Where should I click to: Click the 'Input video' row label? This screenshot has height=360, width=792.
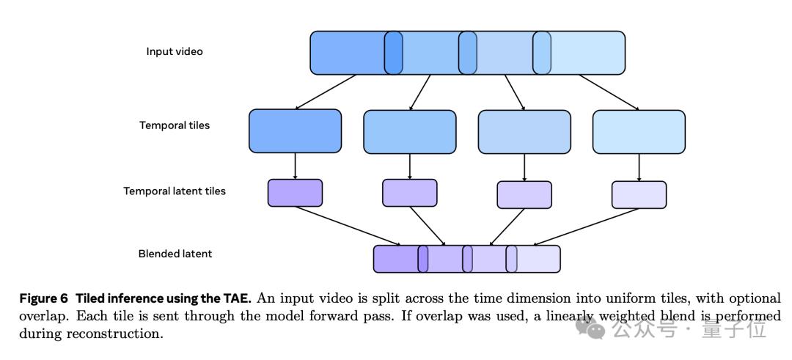coord(175,52)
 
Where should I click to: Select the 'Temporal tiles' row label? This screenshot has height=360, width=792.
coord(175,125)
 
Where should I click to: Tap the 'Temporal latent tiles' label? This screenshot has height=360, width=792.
coord(175,191)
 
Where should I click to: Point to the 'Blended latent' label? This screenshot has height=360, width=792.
coord(175,254)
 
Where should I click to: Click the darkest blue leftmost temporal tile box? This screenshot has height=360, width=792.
coord(295,131)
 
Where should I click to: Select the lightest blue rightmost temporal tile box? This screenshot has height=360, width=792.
coord(639,131)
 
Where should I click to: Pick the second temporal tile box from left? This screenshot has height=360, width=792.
coord(409,131)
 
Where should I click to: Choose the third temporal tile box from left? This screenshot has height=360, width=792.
coord(524,131)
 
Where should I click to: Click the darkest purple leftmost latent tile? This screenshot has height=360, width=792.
coord(295,193)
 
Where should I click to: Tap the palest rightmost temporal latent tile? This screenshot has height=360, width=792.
coord(639,194)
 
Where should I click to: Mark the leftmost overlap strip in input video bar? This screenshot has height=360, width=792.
coord(394,53)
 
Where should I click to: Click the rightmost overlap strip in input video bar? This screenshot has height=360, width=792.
coord(542,53)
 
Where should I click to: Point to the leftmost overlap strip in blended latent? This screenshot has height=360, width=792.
coord(423,259)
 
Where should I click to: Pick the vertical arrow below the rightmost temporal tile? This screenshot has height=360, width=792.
coord(639,166)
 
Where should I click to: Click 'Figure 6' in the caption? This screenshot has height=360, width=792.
coord(43,298)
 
